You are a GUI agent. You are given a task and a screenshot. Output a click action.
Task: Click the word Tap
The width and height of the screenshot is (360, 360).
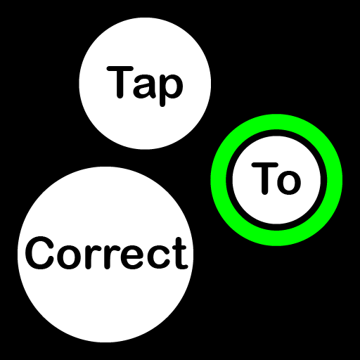(145, 86)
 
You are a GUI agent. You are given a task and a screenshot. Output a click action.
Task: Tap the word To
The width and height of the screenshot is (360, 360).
(276, 179)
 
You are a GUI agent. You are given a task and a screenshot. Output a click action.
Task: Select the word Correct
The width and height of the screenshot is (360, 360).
(106, 253)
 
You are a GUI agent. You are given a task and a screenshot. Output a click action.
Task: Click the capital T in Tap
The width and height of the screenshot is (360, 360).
(120, 82)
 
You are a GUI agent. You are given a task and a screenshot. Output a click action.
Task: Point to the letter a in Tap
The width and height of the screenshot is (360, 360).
(145, 86)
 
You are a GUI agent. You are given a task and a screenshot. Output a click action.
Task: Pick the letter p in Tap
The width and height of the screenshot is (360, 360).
(172, 90)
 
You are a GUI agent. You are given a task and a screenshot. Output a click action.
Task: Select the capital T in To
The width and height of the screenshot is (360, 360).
(264, 179)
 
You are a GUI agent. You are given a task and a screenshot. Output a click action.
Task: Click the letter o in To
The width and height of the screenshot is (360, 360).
(289, 183)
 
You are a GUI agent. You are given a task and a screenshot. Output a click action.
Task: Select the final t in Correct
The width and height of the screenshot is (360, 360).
(180, 254)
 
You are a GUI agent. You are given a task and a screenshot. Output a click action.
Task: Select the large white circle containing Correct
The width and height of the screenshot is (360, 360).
(105, 304)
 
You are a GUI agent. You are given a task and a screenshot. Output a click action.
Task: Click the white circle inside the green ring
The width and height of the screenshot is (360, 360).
(276, 211)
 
